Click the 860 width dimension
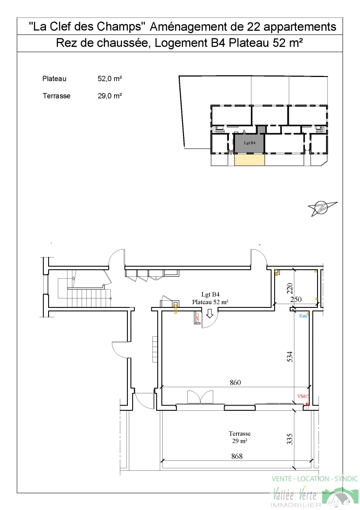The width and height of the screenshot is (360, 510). tap(235, 382)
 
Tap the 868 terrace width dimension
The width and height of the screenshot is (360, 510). tap(237, 456)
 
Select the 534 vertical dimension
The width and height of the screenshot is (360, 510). tap(290, 357)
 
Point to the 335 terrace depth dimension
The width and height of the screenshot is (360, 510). tap(290, 439)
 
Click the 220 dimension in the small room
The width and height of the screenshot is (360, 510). tap(290, 289)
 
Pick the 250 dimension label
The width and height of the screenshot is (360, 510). tap(296, 299)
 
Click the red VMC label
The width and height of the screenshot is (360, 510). tap(303, 397)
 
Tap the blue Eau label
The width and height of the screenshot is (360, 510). tap(303, 316)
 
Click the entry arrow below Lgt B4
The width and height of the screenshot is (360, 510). tap(209, 314)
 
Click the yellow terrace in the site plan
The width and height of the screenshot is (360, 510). tap(249, 160)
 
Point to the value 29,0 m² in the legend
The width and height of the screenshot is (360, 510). tap(110, 96)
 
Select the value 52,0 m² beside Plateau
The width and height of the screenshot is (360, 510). tap(110, 79)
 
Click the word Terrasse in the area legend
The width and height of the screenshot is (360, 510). tap(57, 96)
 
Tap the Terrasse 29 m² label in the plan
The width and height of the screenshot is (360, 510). tap(240, 437)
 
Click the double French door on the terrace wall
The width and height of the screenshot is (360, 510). tap(201, 397)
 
